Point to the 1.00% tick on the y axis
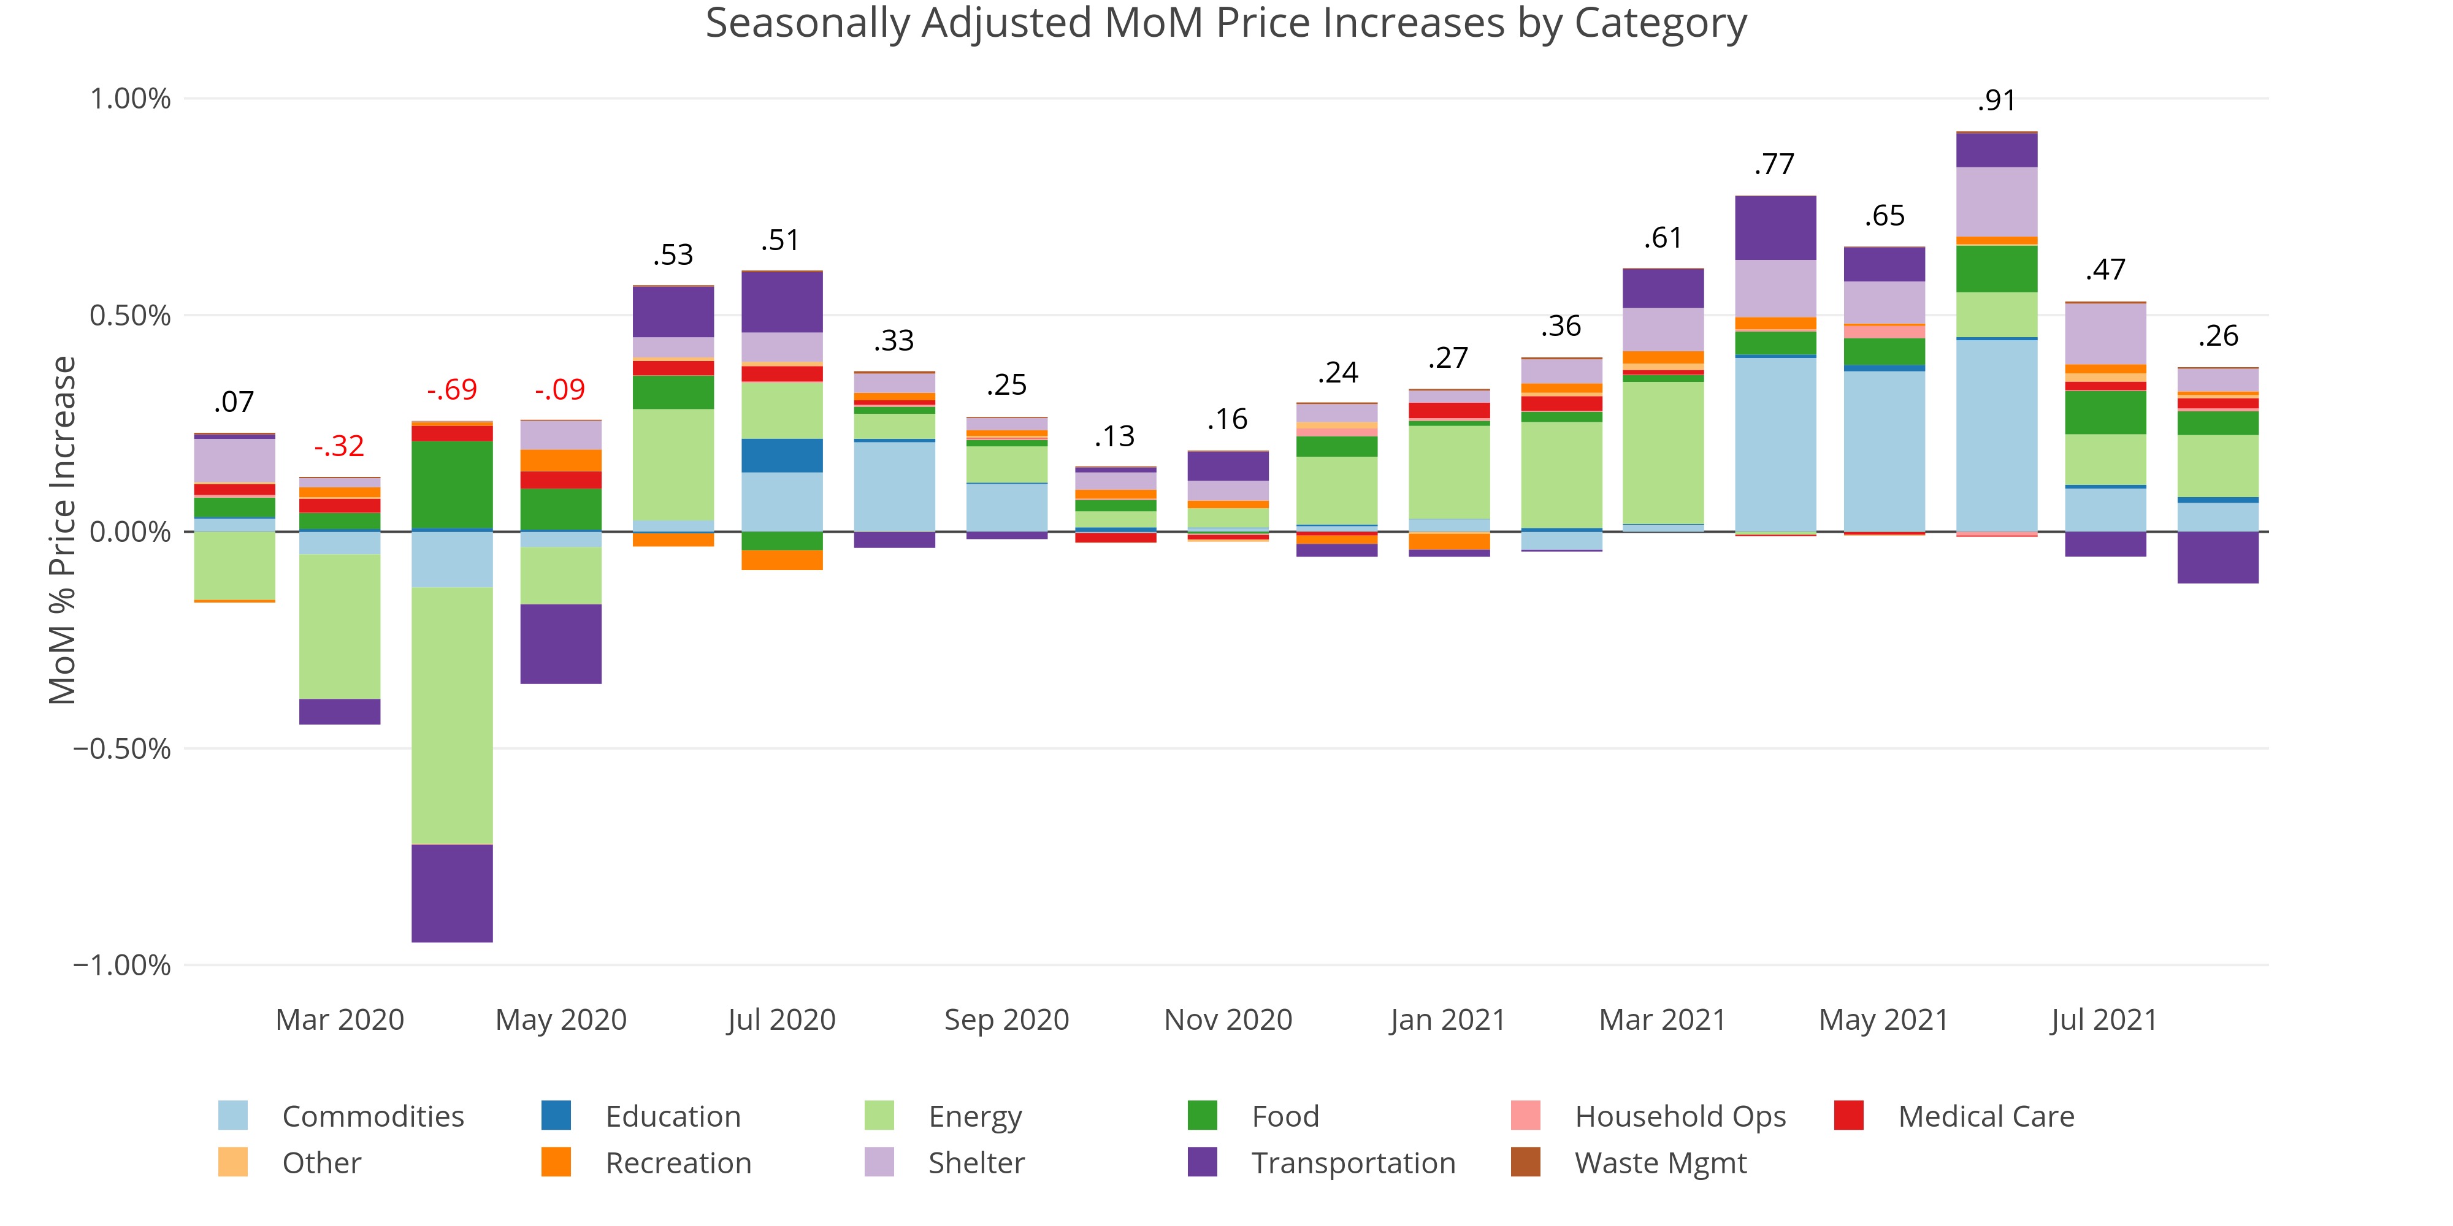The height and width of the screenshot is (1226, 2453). point(131,99)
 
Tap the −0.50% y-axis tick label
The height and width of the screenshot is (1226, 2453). point(123,749)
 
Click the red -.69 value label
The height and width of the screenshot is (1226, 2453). point(451,390)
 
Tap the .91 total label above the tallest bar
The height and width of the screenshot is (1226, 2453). point(1996,101)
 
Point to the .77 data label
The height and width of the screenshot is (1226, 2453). point(1774,165)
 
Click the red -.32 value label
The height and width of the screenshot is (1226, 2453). point(339,446)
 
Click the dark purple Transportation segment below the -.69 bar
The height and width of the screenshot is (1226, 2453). point(451,893)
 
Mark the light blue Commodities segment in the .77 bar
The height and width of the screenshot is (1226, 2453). point(1775,444)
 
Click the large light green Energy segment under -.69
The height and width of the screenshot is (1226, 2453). point(451,716)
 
